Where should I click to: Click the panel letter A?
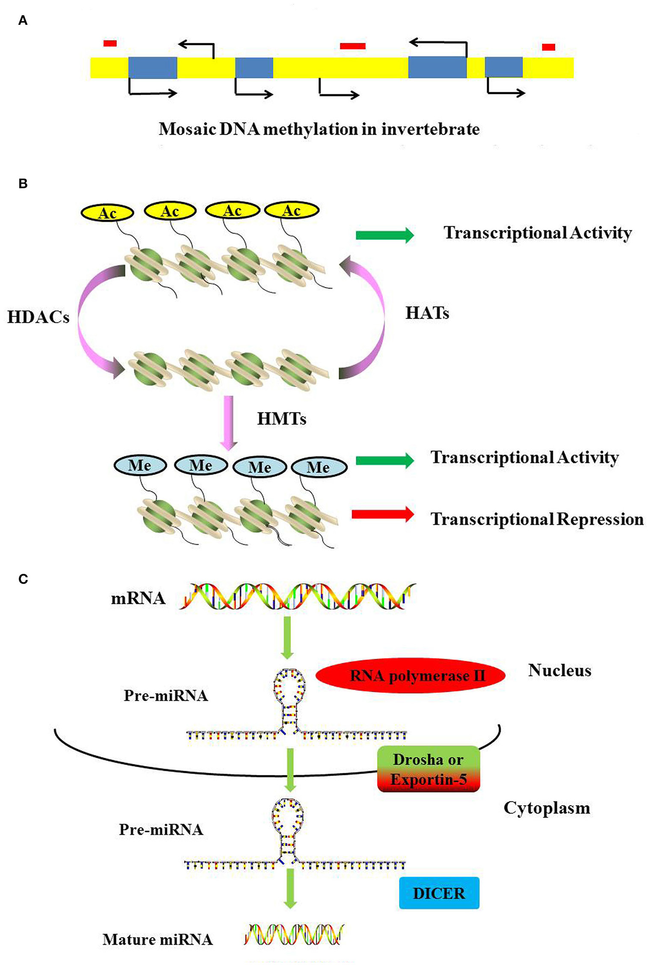(23, 20)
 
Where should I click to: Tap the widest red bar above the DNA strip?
(352, 46)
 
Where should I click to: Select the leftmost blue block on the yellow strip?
(153, 68)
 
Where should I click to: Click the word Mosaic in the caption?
(187, 129)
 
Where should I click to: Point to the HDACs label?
(38, 317)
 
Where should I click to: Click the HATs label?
(427, 313)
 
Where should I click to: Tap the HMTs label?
(281, 419)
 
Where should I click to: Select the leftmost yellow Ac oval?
(107, 213)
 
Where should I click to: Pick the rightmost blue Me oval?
(319, 467)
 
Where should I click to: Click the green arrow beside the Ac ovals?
(384, 235)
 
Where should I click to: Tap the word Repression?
(600, 519)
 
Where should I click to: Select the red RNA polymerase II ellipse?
(411, 676)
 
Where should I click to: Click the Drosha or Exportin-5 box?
(428, 769)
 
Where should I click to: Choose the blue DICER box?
(439, 893)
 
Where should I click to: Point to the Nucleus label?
(559, 670)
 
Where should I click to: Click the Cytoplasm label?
(547, 808)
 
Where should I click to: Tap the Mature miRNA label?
(157, 939)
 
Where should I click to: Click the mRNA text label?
(138, 598)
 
